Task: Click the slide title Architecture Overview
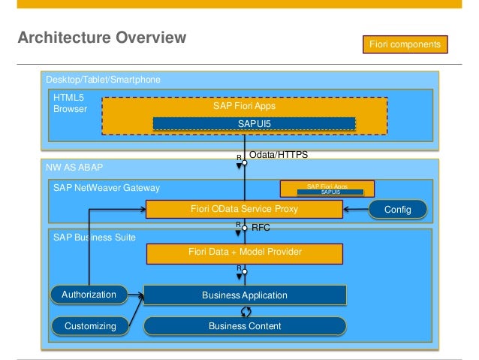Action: click(x=101, y=37)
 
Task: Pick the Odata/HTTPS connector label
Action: click(x=278, y=153)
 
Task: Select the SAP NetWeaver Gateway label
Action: click(x=101, y=187)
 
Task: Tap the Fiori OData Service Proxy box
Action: click(x=244, y=208)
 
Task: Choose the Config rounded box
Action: click(x=397, y=209)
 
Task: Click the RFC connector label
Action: click(x=261, y=225)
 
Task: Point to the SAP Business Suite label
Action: click(x=95, y=237)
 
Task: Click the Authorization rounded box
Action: click(x=89, y=295)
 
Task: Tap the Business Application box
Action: click(x=244, y=295)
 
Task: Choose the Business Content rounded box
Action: click(x=244, y=325)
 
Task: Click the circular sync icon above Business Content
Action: click(x=245, y=310)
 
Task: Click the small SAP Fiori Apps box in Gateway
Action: click(x=327, y=188)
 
